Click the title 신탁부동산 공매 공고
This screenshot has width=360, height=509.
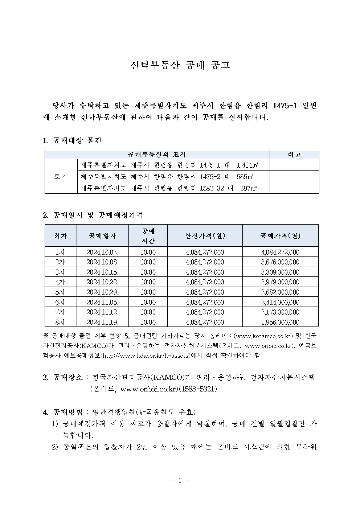tap(180, 65)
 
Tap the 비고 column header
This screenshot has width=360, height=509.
tap(294, 155)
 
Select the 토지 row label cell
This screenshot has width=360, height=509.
tap(61, 177)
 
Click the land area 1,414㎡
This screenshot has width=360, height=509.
tap(247, 165)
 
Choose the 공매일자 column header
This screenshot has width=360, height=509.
tap(103, 236)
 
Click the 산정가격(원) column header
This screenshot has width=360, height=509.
tap(205, 236)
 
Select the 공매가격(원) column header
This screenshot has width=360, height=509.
tap(280, 236)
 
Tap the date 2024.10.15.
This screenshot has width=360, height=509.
tap(102, 272)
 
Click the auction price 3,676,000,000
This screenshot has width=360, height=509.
tap(280, 262)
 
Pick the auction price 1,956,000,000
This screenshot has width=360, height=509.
tap(280, 322)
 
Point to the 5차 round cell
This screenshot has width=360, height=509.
tap(61, 292)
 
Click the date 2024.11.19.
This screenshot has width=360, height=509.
tap(102, 322)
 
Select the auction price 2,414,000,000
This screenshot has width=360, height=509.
tap(280, 302)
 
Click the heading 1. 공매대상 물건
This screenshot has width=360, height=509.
tap(72, 140)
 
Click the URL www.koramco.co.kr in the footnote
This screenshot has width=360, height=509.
tap(264, 336)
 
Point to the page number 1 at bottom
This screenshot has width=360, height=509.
tap(180, 480)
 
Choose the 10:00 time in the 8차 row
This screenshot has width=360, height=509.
tap(148, 322)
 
